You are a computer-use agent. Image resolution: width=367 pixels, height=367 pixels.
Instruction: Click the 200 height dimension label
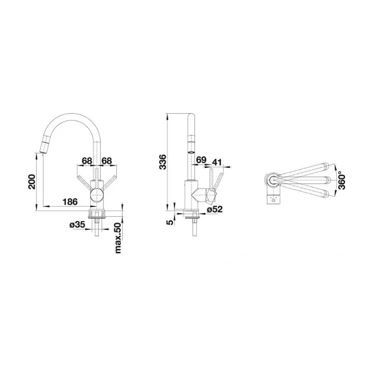tap(32, 182)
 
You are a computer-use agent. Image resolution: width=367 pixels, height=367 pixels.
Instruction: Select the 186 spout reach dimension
tap(70, 201)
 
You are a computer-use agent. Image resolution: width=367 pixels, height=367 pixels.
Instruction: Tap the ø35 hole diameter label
tap(77, 225)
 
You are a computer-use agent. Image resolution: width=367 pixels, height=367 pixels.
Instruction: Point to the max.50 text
tap(118, 238)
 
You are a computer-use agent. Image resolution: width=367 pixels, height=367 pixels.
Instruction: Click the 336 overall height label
tap(162, 162)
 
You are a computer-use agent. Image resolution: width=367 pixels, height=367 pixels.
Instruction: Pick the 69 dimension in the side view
tap(201, 160)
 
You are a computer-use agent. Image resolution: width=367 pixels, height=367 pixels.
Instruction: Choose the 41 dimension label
tap(217, 162)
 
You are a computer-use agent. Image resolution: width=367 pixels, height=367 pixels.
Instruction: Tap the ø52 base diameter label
tap(215, 209)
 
